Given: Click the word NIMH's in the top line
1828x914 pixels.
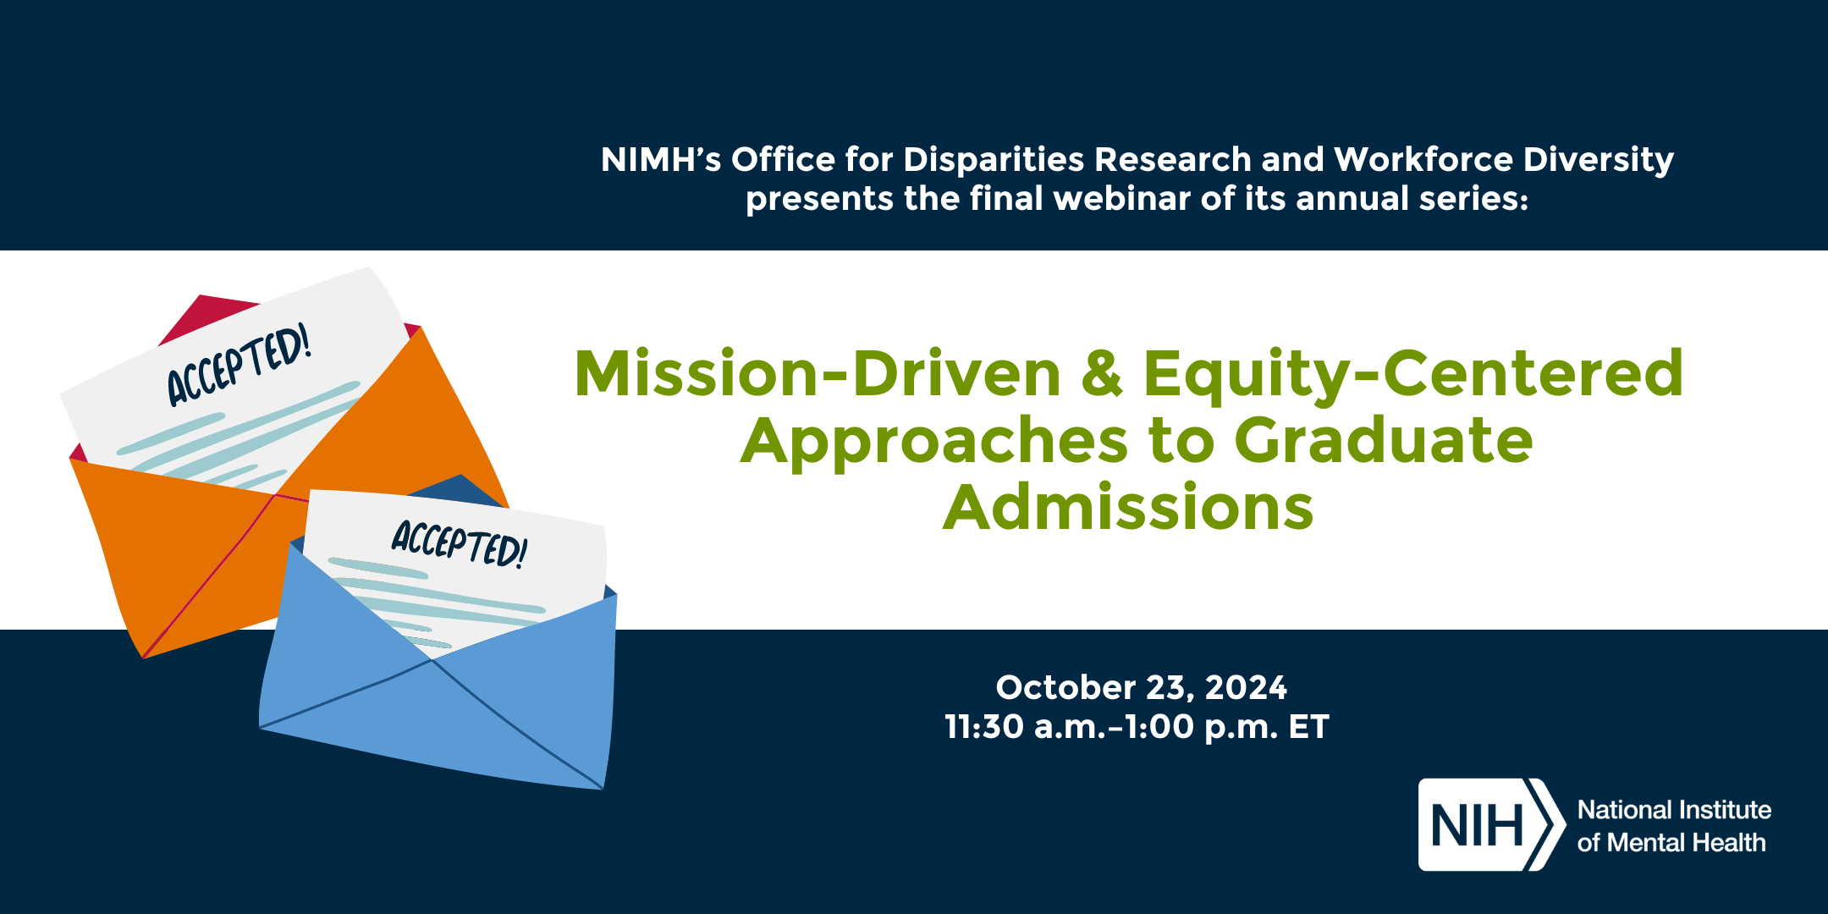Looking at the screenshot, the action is [x=661, y=159].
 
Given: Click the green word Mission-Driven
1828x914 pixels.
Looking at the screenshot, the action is [x=818, y=373].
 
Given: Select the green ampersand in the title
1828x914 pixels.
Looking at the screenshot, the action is [x=1102, y=373].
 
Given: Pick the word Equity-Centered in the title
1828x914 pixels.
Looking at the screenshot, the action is [x=1413, y=373].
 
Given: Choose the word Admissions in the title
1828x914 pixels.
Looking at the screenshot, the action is [x=1128, y=507].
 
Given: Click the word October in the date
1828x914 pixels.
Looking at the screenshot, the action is [x=1065, y=687].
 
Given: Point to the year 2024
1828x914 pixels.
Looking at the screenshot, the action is [x=1246, y=687].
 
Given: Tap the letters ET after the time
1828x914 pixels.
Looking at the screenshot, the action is [x=1309, y=727].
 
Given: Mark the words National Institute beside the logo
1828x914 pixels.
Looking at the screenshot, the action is [x=1674, y=810].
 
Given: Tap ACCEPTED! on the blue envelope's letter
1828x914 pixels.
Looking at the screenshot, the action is [x=460, y=543].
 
